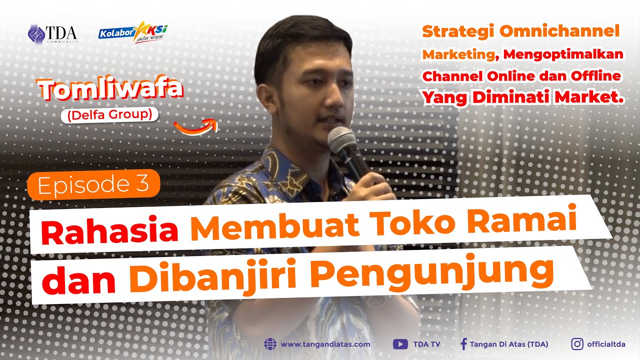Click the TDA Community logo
point(52,33)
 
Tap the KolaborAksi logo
point(133,32)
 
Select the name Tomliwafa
point(110,90)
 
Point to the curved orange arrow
point(196,126)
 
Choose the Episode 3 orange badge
point(93,184)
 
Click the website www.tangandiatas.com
point(325,344)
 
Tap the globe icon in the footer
point(270,344)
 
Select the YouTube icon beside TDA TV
point(400,344)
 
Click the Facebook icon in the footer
point(463,344)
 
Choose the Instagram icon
point(577,344)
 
